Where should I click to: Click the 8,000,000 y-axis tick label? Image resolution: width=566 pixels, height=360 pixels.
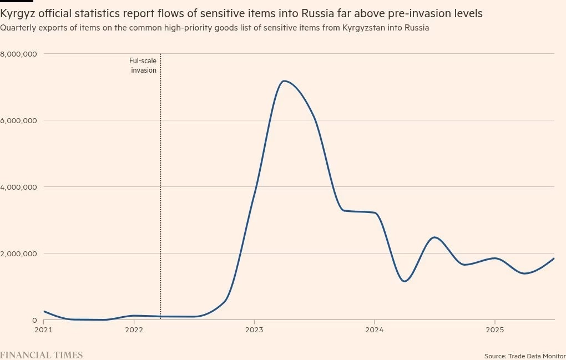pyautogui.click(x=18, y=54)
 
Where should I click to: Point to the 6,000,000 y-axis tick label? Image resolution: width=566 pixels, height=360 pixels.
pyautogui.click(x=18, y=120)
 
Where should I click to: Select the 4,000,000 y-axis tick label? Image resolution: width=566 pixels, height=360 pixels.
pyautogui.click(x=18, y=187)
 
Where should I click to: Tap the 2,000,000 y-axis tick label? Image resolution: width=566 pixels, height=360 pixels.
pyautogui.click(x=18, y=253)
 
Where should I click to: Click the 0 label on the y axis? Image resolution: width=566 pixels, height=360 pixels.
pyautogui.click(x=34, y=320)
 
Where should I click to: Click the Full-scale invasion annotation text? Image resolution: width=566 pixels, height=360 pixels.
pyautogui.click(x=143, y=66)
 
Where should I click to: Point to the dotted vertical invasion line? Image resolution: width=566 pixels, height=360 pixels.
pyautogui.click(x=160, y=194)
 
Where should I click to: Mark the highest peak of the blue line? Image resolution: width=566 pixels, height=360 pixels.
pyautogui.click(x=284, y=81)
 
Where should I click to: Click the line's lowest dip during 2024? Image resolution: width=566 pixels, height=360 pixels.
pyautogui.click(x=405, y=281)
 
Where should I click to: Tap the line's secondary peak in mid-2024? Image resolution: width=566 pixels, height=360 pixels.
pyautogui.click(x=435, y=237)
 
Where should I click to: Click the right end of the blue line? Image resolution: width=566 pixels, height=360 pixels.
pyautogui.click(x=554, y=258)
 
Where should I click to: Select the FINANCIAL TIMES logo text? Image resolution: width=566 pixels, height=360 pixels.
pyautogui.click(x=41, y=354)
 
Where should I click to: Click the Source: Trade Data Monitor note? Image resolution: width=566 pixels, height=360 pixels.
pyautogui.click(x=524, y=356)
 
